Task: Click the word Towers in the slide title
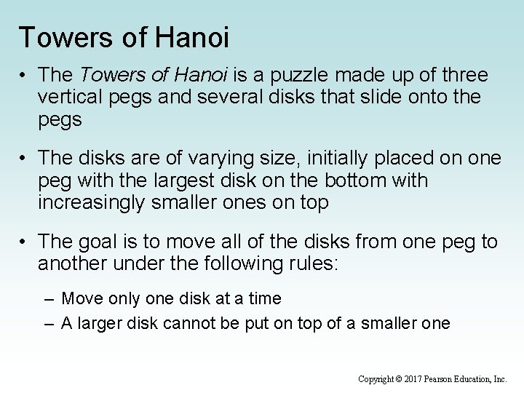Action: [63, 37]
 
